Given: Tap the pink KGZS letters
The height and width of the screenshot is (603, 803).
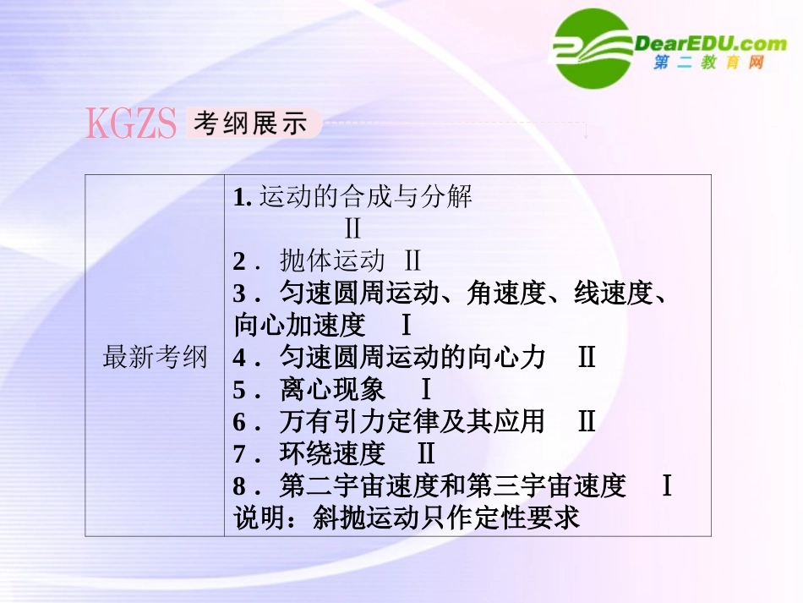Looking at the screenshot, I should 130,124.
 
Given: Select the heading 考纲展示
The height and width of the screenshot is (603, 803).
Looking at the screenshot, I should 249,124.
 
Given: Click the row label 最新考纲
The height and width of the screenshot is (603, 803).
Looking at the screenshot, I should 155,357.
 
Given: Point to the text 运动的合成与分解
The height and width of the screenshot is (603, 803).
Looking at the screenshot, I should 365,197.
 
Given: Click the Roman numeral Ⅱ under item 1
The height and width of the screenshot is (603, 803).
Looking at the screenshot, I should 352,228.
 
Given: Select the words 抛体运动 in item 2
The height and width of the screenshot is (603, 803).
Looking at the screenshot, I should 332,260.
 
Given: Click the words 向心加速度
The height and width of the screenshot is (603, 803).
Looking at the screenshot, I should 299,325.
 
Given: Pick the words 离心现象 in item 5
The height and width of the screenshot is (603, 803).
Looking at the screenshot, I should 332,389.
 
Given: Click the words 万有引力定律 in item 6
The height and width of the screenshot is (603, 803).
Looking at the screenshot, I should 358,421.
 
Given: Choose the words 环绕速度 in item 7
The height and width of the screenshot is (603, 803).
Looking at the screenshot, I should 332,453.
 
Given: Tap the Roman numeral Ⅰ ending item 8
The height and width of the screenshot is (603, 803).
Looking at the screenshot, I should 666,485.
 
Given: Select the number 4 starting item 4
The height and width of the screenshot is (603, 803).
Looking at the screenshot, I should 239,358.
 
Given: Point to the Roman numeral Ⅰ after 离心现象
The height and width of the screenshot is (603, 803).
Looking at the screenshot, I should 426,389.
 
